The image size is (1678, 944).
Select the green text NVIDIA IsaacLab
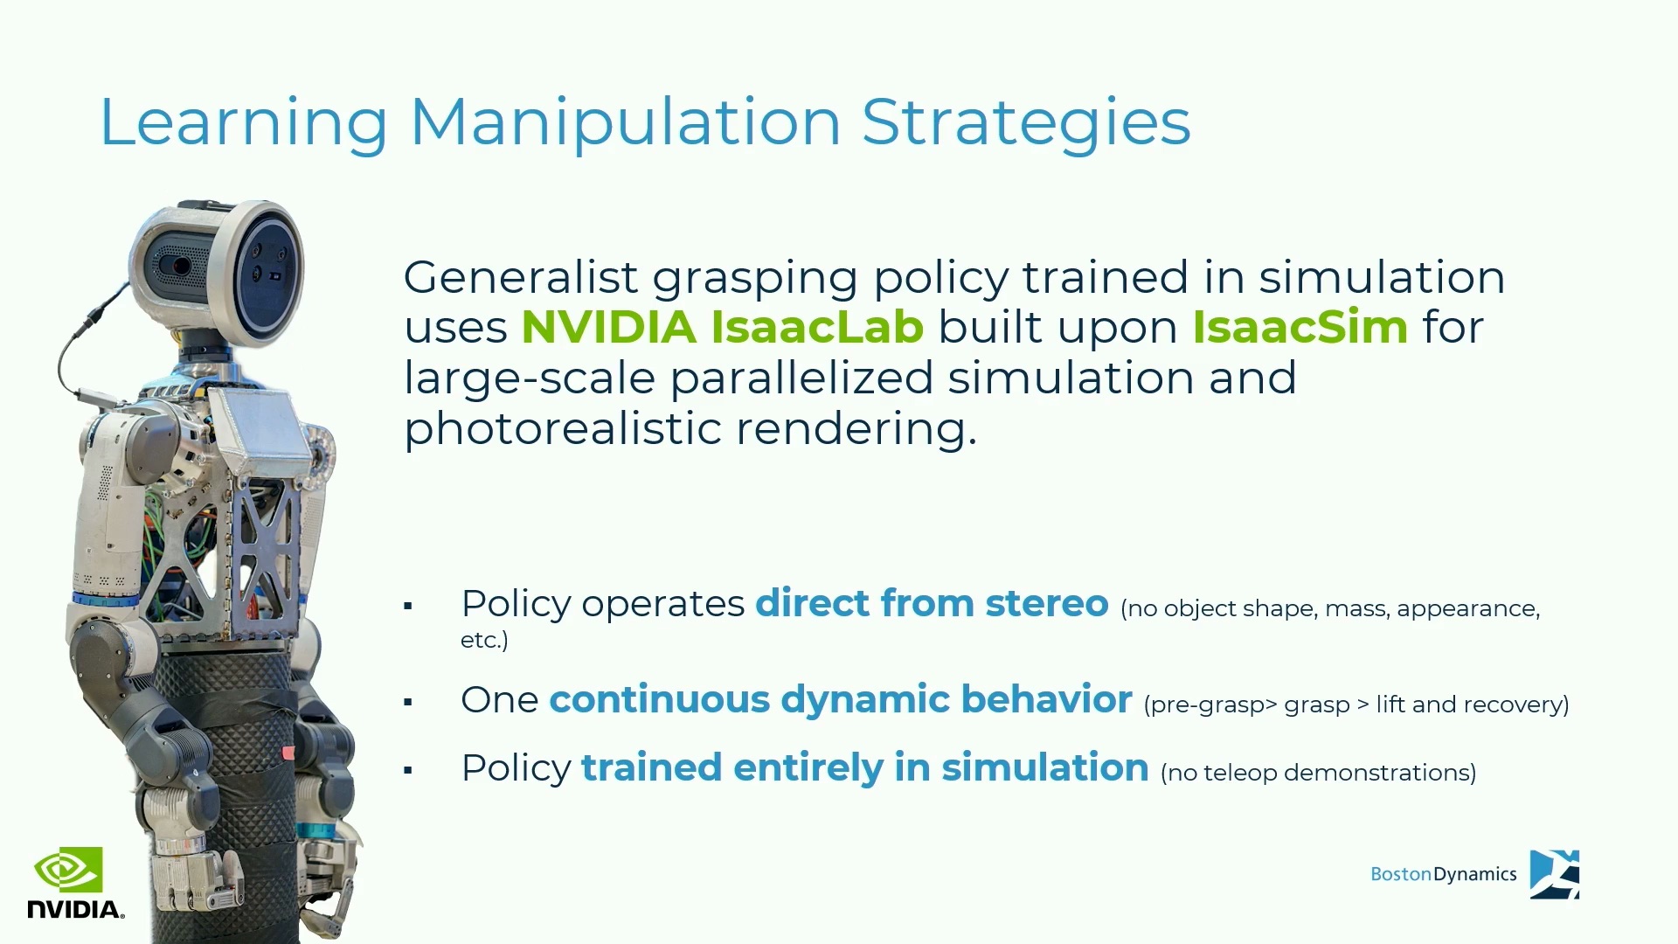point(723,327)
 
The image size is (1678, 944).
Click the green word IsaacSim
point(1300,327)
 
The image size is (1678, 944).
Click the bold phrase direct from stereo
point(932,603)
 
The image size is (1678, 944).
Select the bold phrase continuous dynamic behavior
point(841,699)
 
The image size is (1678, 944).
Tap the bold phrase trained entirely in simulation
point(865,767)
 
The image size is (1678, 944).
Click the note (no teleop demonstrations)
point(1318,773)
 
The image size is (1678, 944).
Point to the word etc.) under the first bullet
point(484,640)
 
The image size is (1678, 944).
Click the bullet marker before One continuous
point(408,702)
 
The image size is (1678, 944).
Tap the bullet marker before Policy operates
point(408,606)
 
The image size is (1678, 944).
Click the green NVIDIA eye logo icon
point(68,870)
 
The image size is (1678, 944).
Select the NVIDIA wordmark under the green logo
point(76,909)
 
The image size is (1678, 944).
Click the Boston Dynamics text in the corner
point(1443,874)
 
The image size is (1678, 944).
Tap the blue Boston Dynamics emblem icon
point(1555,874)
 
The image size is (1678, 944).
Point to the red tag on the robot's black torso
point(288,752)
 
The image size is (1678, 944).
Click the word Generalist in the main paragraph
point(521,278)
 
